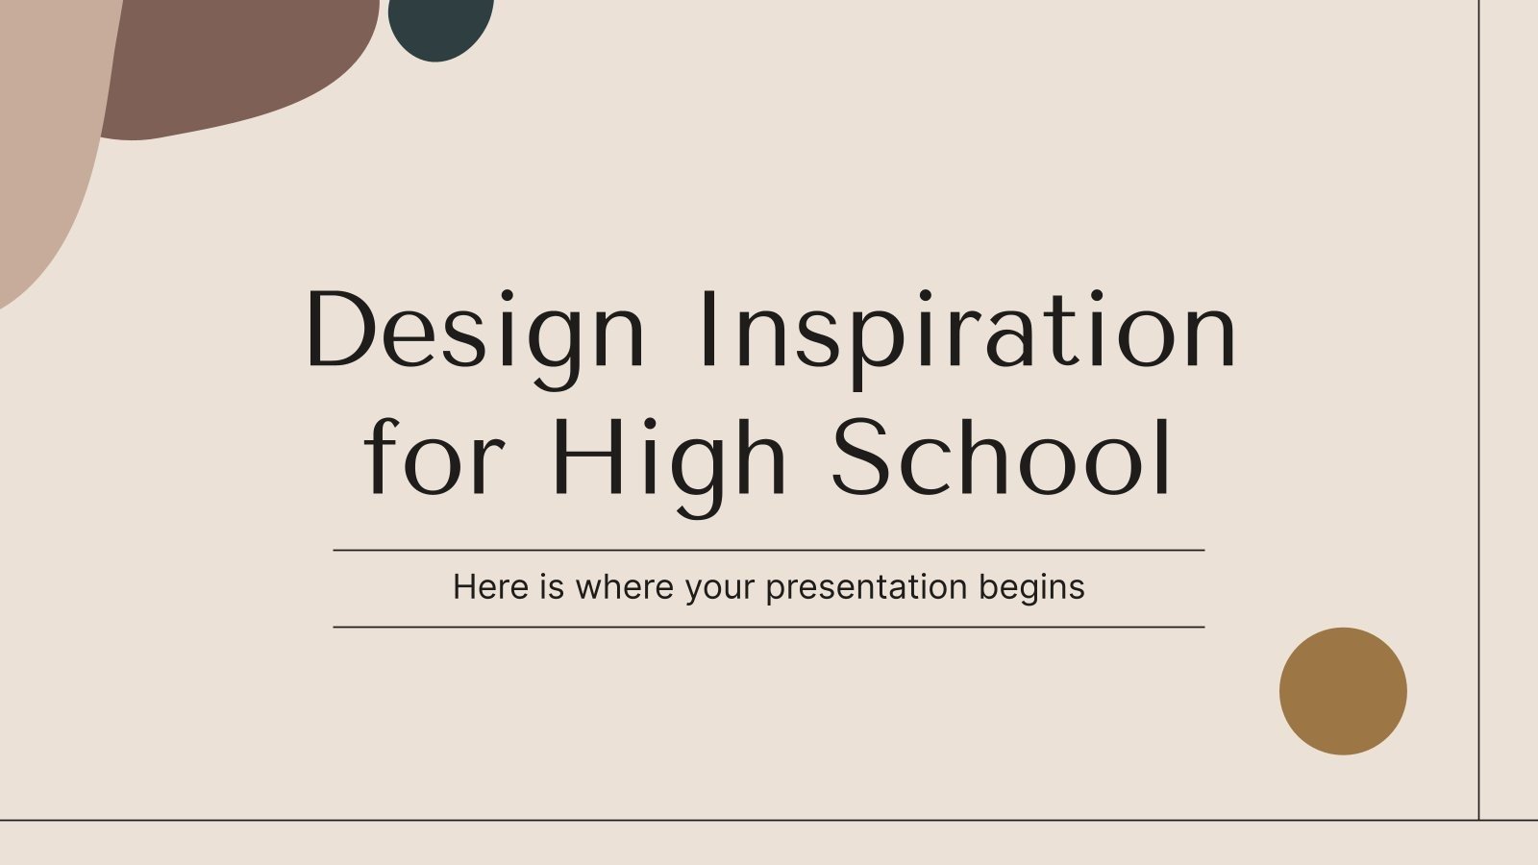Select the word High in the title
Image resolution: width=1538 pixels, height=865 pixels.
point(671,458)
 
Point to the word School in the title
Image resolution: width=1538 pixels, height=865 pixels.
point(1002,458)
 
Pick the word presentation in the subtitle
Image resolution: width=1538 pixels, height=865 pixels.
point(865,587)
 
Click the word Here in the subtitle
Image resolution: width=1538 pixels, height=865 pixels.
point(490,587)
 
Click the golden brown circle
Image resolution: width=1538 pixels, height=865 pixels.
point(1343,691)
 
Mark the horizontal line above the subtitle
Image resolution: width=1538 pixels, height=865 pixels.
point(769,551)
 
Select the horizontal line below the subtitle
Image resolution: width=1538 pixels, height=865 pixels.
point(769,627)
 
